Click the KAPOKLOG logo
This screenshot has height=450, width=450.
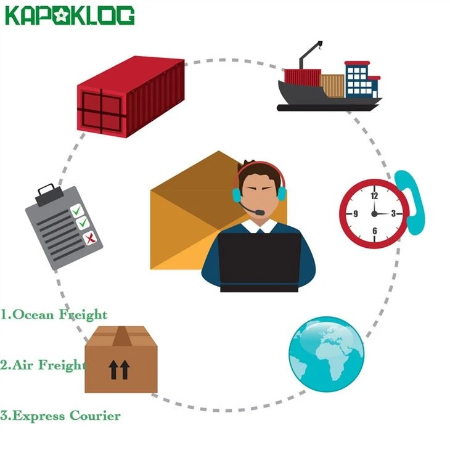[x=70, y=15]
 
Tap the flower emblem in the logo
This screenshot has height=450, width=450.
[x=61, y=15]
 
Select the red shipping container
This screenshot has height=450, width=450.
[x=131, y=96]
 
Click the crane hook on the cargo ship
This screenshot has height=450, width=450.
[x=319, y=45]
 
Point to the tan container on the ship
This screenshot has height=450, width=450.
[x=332, y=86]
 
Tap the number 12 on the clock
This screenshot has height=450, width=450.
[x=374, y=196]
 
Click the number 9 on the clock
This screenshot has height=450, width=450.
[x=356, y=213]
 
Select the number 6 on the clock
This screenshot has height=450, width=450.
[x=375, y=231]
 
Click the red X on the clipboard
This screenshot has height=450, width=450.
[x=91, y=238]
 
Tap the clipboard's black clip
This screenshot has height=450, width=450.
[x=49, y=195]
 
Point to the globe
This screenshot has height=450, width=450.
[x=326, y=354]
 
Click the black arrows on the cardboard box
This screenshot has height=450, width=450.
[x=119, y=370]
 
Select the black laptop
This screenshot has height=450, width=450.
[x=260, y=263]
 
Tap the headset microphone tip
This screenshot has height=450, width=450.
[x=260, y=213]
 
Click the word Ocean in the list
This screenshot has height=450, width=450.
[x=33, y=314]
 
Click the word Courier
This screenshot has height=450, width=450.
[x=95, y=416]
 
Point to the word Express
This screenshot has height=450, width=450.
[x=38, y=417]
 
